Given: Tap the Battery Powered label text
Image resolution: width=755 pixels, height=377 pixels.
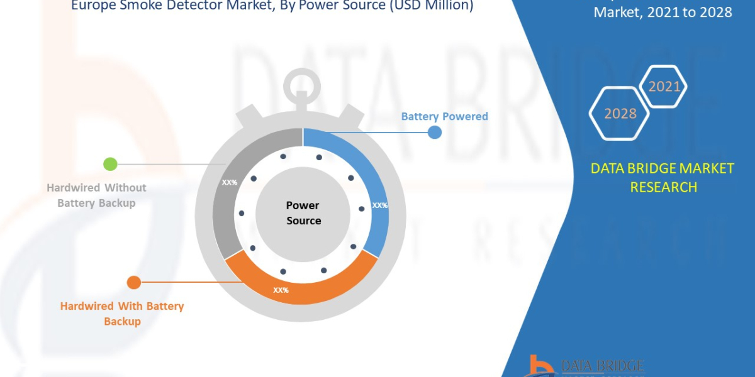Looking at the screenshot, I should [444, 116].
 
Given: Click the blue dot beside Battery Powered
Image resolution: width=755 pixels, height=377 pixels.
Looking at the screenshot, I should [434, 132].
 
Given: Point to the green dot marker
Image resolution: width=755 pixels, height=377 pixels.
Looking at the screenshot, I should [110, 164].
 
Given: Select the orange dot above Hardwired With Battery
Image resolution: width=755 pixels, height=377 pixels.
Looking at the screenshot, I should [133, 283].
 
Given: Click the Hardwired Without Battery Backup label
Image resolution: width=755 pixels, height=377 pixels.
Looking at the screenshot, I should [96, 195].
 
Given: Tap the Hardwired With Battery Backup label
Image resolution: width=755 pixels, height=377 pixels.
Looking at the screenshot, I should [122, 314].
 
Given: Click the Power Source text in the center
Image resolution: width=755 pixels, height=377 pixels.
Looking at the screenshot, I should [303, 213].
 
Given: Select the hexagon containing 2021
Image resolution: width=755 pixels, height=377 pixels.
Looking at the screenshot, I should [664, 87].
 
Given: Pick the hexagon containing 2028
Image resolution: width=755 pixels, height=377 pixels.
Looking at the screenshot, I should [620, 114].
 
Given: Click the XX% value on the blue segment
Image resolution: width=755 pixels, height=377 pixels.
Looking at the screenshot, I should [379, 205].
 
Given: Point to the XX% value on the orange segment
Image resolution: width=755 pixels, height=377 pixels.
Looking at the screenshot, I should [281, 290].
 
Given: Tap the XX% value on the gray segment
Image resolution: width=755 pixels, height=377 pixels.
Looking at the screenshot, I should [229, 182].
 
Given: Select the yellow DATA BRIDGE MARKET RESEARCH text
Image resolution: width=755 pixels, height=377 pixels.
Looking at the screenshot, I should [663, 177].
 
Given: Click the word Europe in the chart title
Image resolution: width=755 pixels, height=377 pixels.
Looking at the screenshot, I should [97, 6].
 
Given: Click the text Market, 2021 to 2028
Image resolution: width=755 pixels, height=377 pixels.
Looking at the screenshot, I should [663, 11].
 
